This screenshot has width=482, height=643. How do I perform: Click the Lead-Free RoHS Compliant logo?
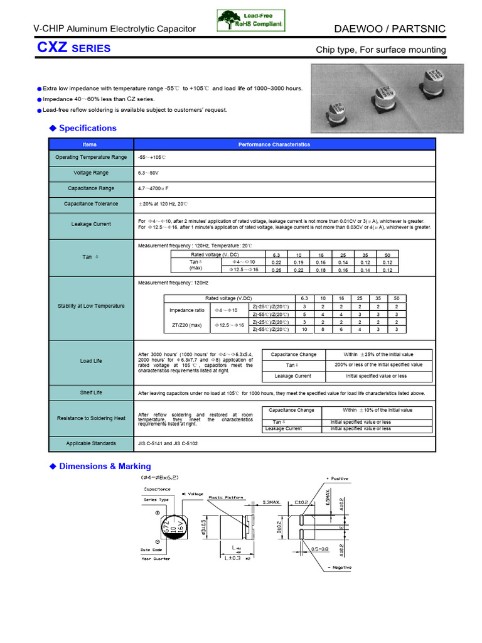coord(250,20)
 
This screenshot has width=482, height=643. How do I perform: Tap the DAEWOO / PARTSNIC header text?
coord(398,28)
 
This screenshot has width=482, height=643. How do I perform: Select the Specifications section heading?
coord(87,128)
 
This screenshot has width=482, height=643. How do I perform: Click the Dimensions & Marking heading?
coord(105,467)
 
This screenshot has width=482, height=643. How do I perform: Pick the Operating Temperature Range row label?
coord(91,157)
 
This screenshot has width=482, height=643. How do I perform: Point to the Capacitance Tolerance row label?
coord(91,204)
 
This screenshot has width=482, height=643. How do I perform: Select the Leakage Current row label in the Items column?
coord(91,224)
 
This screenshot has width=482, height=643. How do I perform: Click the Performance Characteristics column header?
coord(274,144)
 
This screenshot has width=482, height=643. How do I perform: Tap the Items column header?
coord(90,144)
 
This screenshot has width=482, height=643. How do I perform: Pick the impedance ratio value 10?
coord(304,329)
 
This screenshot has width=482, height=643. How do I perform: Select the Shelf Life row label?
coord(91,392)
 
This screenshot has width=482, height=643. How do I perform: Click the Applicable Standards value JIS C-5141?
coord(151,443)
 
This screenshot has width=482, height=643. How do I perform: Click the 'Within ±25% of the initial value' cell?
coord(378,354)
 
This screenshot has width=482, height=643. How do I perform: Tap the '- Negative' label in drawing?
coord(340,568)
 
